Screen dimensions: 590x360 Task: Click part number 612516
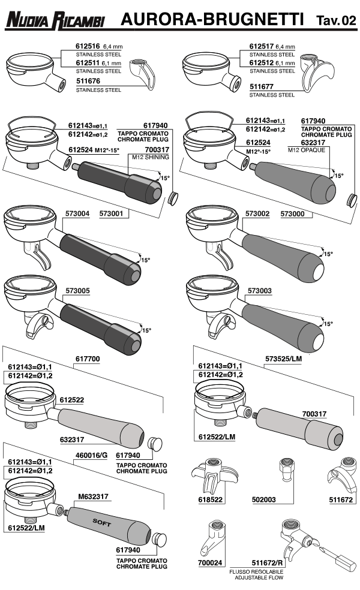click(x=88, y=45)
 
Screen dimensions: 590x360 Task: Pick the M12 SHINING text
click(x=148, y=156)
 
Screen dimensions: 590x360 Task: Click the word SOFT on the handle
click(x=102, y=519)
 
